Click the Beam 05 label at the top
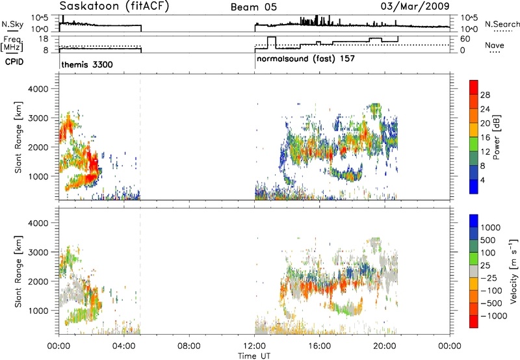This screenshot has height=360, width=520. (253, 7)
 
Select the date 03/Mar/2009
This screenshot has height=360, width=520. (415, 6)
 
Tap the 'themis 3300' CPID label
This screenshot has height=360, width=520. (87, 64)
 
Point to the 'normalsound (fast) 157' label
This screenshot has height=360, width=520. (305, 59)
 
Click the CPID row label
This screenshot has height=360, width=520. (14, 62)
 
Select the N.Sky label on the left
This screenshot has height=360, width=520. (12, 24)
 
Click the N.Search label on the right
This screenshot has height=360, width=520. (502, 24)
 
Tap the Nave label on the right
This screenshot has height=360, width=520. (495, 45)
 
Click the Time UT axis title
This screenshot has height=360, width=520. (254, 356)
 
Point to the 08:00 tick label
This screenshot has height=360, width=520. (189, 346)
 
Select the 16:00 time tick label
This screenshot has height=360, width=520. (319, 346)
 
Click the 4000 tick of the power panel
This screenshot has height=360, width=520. (38, 89)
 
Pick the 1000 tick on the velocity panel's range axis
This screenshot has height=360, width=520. (38, 311)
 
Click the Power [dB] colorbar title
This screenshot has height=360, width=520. (496, 137)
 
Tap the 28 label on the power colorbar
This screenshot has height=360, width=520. (485, 95)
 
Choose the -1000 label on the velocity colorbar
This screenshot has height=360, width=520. (494, 316)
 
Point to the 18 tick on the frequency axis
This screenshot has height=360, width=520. (44, 39)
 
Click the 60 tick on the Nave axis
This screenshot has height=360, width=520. (465, 39)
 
